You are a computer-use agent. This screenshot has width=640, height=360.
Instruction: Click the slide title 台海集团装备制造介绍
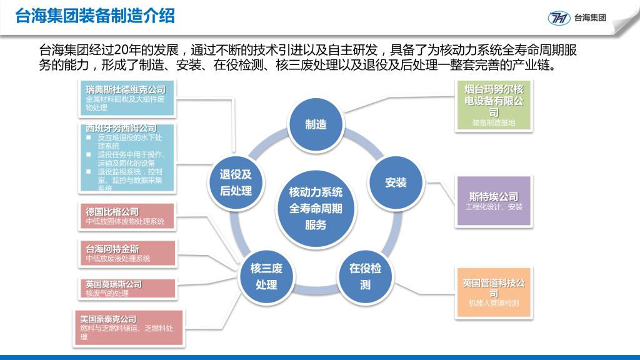[x=95, y=16]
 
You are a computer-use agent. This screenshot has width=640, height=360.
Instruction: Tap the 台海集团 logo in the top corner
[x=577, y=17]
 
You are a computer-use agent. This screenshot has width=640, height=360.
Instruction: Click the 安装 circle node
[x=396, y=183]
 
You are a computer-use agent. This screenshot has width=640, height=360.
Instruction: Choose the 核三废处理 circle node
[x=266, y=276]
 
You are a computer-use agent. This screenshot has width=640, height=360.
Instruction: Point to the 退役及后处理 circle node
[x=236, y=182]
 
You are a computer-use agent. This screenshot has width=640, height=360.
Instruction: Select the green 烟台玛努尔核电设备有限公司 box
[x=494, y=106]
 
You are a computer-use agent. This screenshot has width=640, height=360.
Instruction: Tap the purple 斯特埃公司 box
[x=494, y=201]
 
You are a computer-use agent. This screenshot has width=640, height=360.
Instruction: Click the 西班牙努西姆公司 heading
[x=121, y=129]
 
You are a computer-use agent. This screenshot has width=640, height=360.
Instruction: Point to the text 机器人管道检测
[x=494, y=304]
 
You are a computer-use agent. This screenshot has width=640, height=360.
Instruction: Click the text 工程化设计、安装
[x=494, y=207]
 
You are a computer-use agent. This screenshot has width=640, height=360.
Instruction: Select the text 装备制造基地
[x=494, y=123]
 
